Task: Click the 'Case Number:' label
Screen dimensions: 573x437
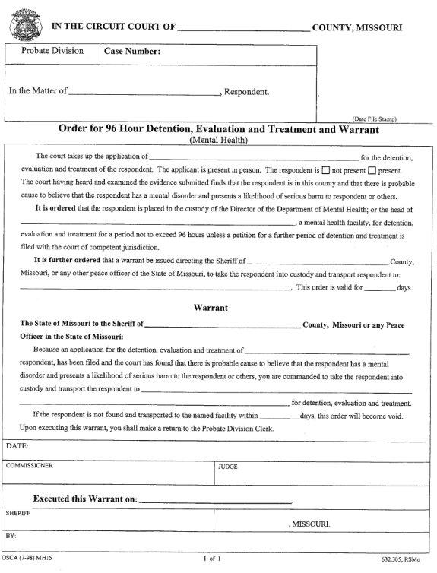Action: [131, 52]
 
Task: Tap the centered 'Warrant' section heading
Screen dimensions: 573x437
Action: [217, 309]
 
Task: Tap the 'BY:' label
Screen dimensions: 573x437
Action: [11, 535]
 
